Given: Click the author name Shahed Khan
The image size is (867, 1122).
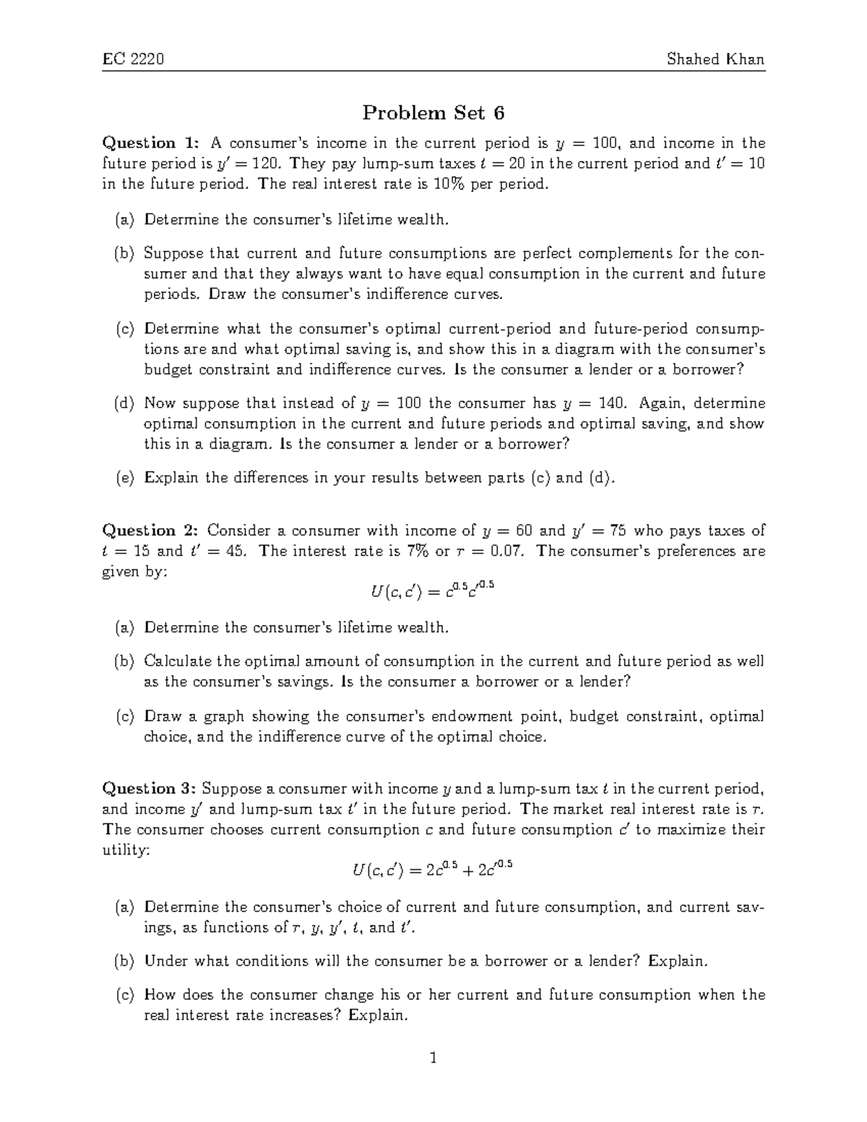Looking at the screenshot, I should pos(715,59).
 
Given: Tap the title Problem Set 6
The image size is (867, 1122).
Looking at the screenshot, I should pos(433,113).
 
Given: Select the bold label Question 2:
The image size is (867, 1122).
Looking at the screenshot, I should pos(149,530).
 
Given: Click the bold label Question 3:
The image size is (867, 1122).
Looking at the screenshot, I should pos(149,788).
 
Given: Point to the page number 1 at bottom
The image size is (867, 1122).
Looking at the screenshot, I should pos(433,1059).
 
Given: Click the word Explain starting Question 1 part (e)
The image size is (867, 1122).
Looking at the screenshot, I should pos(171,478).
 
